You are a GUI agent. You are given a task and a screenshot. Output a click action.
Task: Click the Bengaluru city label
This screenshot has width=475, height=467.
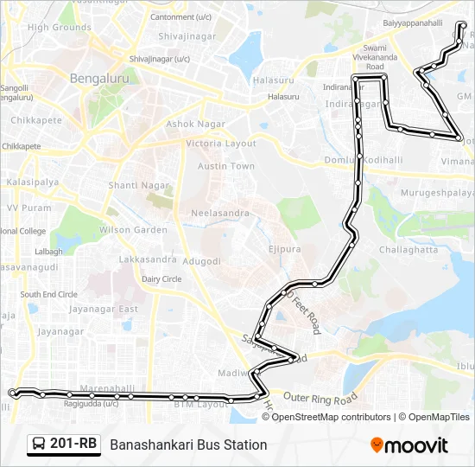pyautogui.click(x=98, y=78)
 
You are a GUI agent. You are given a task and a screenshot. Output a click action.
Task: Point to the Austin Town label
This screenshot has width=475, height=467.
pyautogui.click(x=225, y=166)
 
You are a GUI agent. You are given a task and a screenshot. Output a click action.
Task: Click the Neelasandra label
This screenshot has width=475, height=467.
pyautogui.click(x=219, y=213)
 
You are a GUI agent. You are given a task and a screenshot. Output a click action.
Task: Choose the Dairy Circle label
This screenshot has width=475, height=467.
pyautogui.click(x=161, y=279)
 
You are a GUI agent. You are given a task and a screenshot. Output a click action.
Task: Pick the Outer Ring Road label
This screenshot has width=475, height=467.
pyautogui.click(x=320, y=399)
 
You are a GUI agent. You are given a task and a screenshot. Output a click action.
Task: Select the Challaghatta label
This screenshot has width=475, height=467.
pyautogui.click(x=408, y=249)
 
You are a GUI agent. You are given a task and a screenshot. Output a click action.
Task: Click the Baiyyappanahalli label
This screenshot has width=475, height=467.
pyautogui.click(x=414, y=23)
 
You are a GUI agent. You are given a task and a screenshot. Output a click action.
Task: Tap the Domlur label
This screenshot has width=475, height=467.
pyautogui.click(x=334, y=160)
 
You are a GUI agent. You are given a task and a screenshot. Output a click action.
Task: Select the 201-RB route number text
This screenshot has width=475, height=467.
pyautogui.click(x=73, y=445)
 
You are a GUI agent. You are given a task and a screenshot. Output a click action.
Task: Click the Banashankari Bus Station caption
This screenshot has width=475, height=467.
pyautogui.click(x=188, y=445)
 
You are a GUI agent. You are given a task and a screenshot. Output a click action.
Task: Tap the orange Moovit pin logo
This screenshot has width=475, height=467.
pyautogui.click(x=377, y=445)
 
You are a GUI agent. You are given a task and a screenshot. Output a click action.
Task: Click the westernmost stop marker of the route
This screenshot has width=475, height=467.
pyautogui.click(x=12, y=393)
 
